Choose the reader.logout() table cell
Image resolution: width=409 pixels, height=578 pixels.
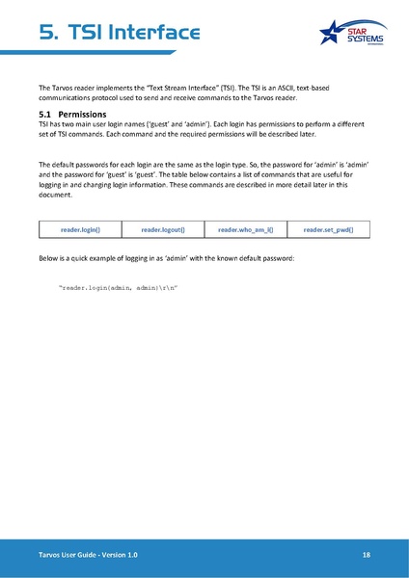(162, 229)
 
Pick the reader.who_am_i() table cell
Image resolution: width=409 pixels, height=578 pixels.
(246, 229)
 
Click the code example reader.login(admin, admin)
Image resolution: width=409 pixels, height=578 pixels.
(118, 287)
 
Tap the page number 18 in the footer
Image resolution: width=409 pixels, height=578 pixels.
(367, 556)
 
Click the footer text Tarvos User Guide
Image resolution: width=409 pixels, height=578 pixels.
(68, 556)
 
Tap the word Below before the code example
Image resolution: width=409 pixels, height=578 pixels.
(48, 260)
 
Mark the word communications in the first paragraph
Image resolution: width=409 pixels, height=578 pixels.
(68, 98)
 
